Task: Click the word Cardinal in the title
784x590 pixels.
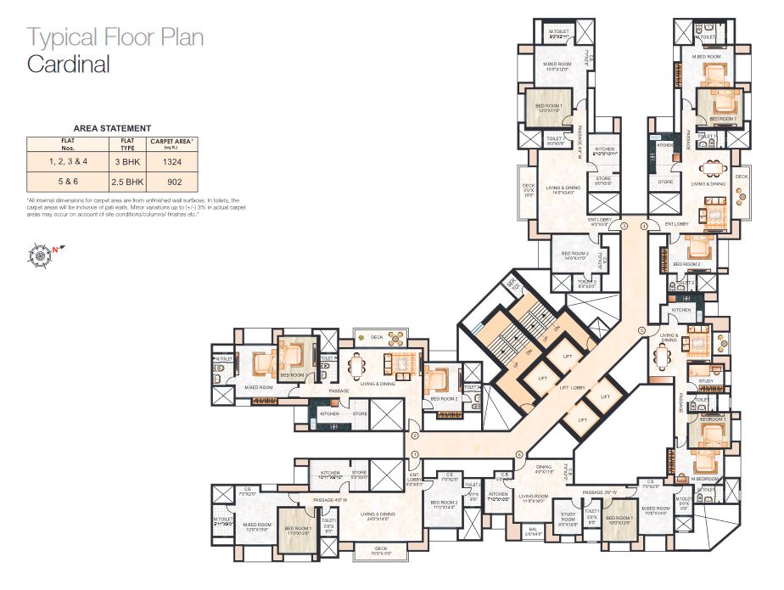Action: (x=69, y=64)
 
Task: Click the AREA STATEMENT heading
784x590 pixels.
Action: (x=112, y=127)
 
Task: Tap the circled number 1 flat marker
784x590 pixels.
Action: (x=415, y=455)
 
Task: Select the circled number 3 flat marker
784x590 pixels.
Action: (x=623, y=227)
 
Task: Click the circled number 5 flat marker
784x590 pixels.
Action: (x=641, y=330)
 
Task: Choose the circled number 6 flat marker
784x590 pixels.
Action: (x=518, y=455)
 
